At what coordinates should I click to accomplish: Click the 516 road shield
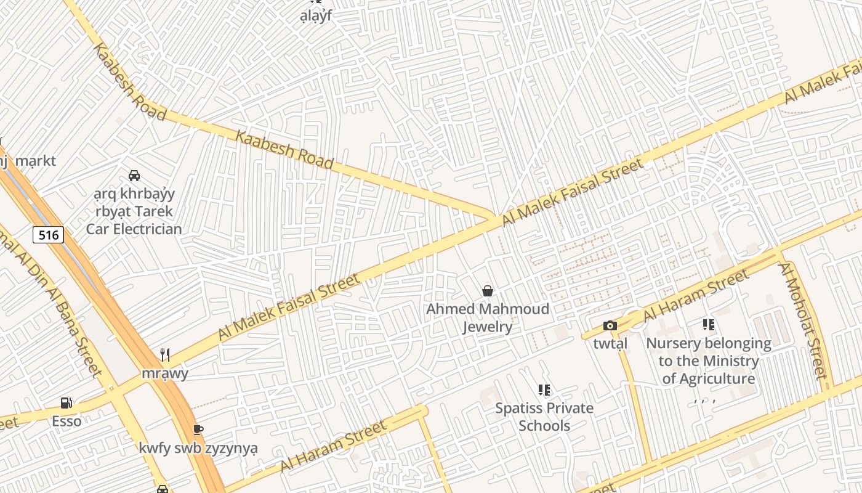point(48,235)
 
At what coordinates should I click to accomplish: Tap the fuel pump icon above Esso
point(66,403)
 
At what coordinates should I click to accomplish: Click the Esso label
point(66,422)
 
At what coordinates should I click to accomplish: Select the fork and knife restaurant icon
point(164,354)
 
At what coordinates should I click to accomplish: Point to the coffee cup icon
point(198,430)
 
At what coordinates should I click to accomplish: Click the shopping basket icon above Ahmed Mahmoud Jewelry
point(488,290)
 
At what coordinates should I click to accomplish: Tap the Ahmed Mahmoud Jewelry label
point(488,317)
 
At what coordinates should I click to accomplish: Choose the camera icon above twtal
point(610,325)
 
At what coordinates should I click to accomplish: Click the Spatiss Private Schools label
point(545,417)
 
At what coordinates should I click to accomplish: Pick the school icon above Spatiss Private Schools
point(544,389)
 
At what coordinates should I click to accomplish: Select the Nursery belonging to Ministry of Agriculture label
point(709,361)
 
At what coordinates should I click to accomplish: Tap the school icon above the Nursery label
point(709,324)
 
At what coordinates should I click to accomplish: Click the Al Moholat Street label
point(802,320)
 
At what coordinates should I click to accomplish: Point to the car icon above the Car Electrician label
point(134,176)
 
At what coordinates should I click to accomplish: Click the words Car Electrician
point(134,229)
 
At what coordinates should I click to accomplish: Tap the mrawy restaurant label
point(165,373)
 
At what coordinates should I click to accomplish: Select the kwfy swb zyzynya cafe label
point(198,448)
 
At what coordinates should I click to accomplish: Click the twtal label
point(610,343)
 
